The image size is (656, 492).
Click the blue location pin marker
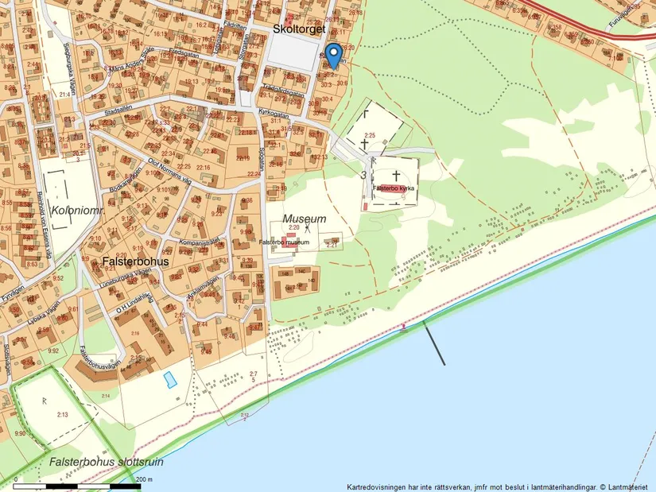click(335, 54)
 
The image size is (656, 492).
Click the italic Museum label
click(305, 219)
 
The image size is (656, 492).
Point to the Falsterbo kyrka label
click(394, 188)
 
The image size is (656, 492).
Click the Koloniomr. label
click(71, 210)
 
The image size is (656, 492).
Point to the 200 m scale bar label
click(145, 479)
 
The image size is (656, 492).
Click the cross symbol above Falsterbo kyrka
click(395, 172)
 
